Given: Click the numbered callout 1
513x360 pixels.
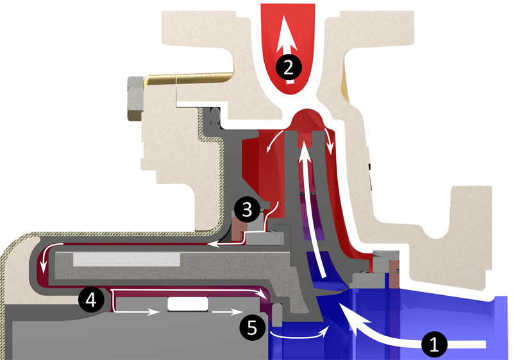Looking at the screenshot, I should pos(434,345).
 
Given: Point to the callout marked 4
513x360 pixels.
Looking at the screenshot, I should pos(90,299).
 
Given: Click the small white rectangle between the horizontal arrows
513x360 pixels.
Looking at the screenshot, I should pos(187,304).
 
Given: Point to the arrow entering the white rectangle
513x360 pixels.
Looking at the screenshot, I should pos(141,313).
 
